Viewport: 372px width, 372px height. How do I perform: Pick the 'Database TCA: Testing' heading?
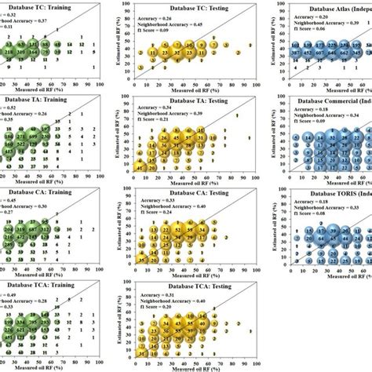(179, 284)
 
